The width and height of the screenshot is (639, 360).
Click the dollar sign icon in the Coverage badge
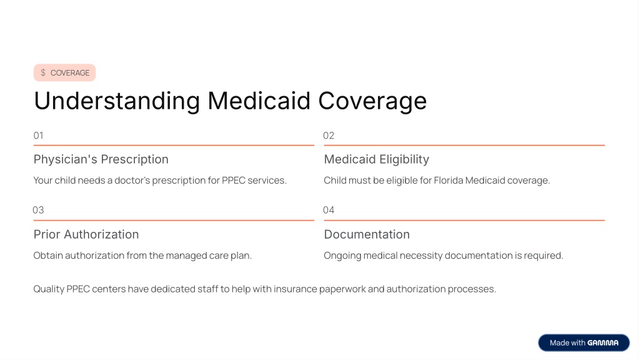click(x=43, y=72)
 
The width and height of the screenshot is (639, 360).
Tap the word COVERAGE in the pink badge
click(x=70, y=73)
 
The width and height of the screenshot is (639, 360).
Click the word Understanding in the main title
click(x=117, y=101)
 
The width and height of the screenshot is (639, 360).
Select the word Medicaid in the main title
click(x=259, y=100)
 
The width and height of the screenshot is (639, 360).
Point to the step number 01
click(x=38, y=136)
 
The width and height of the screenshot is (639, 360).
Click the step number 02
click(x=329, y=136)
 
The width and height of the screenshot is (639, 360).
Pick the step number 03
click(x=38, y=210)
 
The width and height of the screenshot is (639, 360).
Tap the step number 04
click(x=329, y=210)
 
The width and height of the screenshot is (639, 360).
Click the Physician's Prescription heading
click(x=101, y=159)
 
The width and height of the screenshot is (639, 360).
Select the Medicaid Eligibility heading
click(x=377, y=159)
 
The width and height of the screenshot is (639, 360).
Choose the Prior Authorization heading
click(x=86, y=234)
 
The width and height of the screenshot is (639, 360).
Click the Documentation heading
click(x=367, y=234)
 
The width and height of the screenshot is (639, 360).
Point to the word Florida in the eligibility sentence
click(x=448, y=180)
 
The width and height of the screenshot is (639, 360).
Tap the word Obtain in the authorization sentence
click(x=48, y=256)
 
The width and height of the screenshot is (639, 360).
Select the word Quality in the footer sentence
click(x=49, y=289)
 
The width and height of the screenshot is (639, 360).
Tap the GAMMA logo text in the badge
click(x=603, y=343)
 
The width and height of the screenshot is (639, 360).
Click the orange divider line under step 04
click(x=464, y=220)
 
